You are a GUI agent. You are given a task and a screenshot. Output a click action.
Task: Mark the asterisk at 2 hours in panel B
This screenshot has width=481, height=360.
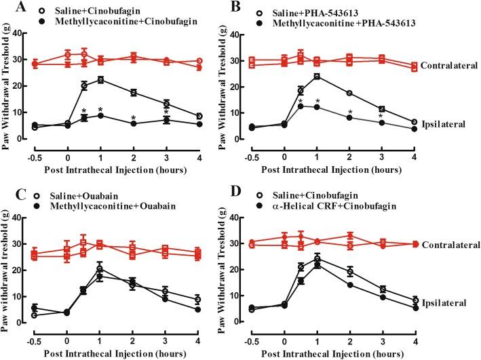pos(350,113)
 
